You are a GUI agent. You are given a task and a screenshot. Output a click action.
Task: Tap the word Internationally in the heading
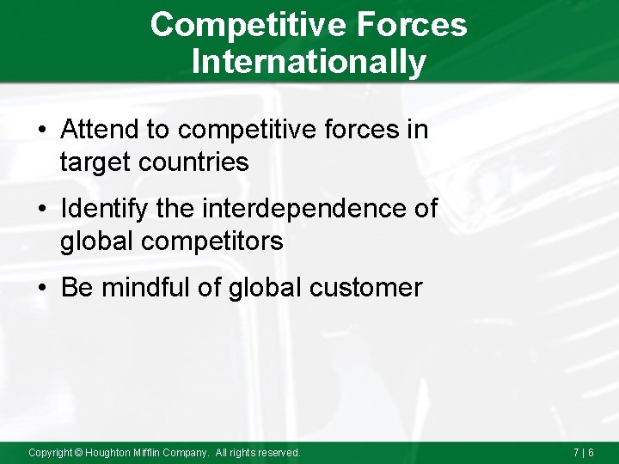click(309, 62)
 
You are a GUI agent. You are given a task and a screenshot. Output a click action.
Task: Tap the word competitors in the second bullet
click(213, 241)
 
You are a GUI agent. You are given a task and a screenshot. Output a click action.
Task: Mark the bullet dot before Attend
click(43, 131)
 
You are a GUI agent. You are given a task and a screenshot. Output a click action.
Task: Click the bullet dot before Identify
click(43, 210)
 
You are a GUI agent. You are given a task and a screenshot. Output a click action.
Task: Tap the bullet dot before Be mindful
click(43, 289)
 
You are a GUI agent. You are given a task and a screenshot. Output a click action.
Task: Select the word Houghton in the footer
click(109, 452)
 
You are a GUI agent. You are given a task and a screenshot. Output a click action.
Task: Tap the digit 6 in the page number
click(590, 452)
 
